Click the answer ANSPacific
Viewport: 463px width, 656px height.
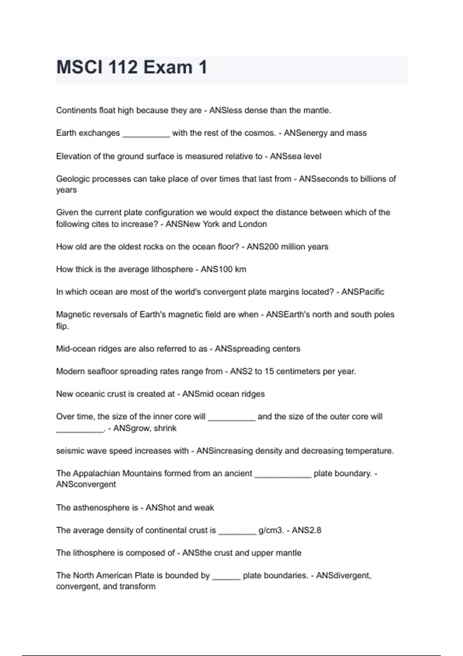(x=363, y=292)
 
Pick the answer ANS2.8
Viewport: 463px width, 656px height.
(x=306, y=531)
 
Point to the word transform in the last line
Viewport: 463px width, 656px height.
(x=137, y=587)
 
